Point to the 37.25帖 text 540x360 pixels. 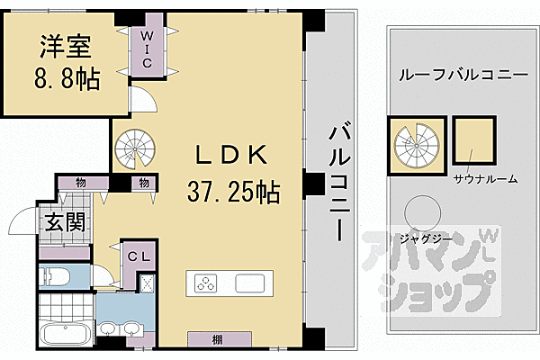[x=233, y=191]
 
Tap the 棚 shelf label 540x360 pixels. [x=219, y=339]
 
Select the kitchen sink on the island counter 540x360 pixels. [x=248, y=283]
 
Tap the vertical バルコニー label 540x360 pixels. [x=338, y=181]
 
